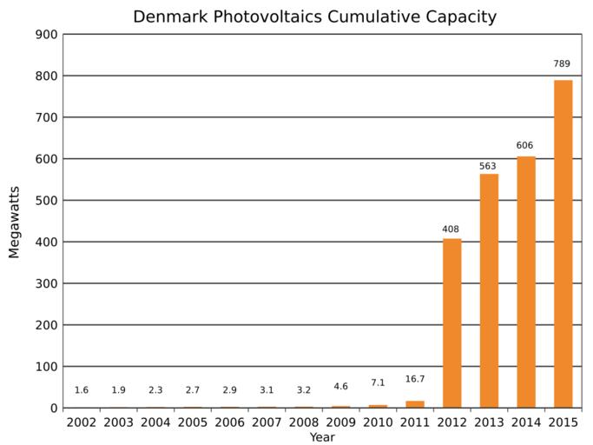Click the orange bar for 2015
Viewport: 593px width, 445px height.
click(563, 243)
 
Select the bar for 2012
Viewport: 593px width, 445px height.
click(451, 322)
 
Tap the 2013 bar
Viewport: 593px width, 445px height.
click(489, 290)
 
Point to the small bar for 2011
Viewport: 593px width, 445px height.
click(415, 404)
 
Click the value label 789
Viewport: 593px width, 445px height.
click(563, 63)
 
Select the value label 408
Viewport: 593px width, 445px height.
click(451, 229)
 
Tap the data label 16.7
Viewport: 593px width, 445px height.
click(415, 379)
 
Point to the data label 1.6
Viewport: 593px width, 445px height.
click(82, 390)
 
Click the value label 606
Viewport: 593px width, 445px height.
click(524, 145)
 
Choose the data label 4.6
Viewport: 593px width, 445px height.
click(340, 387)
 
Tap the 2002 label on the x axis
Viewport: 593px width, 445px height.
click(82, 422)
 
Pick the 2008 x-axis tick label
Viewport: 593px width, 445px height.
click(304, 422)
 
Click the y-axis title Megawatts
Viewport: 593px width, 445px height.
click(14, 221)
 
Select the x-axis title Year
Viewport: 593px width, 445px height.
click(321, 437)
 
